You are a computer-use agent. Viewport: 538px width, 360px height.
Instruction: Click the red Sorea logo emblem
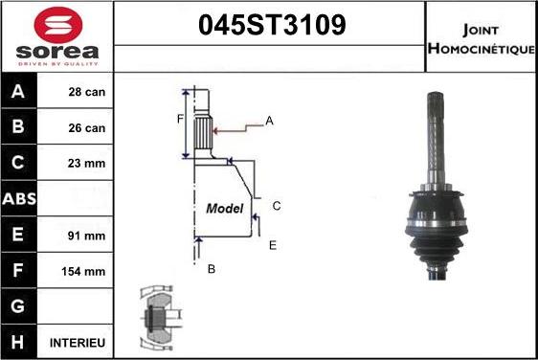(58, 24)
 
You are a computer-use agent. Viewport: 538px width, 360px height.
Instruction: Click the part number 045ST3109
(272, 25)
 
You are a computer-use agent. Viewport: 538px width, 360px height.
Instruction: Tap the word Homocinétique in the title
(482, 49)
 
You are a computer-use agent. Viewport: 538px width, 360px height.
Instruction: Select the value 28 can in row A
(87, 92)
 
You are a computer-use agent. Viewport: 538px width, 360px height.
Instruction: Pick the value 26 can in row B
(87, 128)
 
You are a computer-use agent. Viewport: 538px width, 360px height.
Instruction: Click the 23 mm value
(86, 164)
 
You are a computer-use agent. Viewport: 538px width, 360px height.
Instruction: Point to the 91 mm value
(86, 236)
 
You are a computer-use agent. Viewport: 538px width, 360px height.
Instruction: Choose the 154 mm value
(83, 272)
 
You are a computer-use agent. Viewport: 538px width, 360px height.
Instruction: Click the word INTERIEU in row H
(78, 343)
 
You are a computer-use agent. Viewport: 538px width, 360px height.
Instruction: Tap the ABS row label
(19, 199)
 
